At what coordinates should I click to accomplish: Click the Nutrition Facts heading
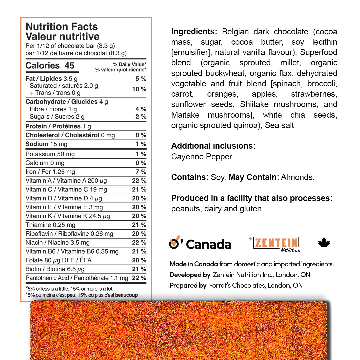[62, 27]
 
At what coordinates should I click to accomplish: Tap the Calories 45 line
[50, 66]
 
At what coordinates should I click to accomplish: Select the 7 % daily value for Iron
[141, 172]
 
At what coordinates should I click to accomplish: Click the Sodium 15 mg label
[46, 144]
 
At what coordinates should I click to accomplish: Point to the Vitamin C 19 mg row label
[66, 189]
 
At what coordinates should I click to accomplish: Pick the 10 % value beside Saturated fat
[139, 89]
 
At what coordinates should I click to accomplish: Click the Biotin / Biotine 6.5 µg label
[55, 269]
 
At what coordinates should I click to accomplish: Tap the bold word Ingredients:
[194, 32]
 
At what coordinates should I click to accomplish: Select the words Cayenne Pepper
[202, 157]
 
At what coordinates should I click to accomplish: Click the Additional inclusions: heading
[213, 146]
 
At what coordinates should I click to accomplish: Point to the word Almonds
[298, 177]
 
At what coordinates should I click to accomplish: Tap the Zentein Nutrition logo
[275, 244]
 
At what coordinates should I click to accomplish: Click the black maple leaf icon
[324, 244]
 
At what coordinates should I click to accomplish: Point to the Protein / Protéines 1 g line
[58, 126]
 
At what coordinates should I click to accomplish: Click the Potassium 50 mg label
[50, 154]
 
